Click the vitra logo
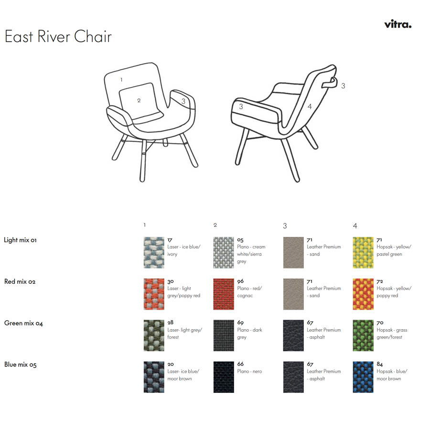point(398,24)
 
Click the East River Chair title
point(58,36)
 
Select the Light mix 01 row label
point(20,240)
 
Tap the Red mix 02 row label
point(20,281)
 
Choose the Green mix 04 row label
point(23,323)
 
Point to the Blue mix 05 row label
point(20,365)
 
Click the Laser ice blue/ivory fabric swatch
point(154,252)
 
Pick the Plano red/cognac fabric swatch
point(224,294)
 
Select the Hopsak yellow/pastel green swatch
point(363,252)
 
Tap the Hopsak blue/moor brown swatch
point(363,377)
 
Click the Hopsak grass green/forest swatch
point(363,335)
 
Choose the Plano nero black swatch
point(224,377)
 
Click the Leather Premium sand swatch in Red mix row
point(293,294)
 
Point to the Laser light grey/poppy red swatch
point(154,294)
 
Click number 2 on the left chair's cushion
point(139,100)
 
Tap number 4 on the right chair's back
point(310,107)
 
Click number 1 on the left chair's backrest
point(121,80)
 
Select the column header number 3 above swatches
point(285,226)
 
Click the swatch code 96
point(240,281)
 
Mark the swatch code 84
point(379,364)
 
